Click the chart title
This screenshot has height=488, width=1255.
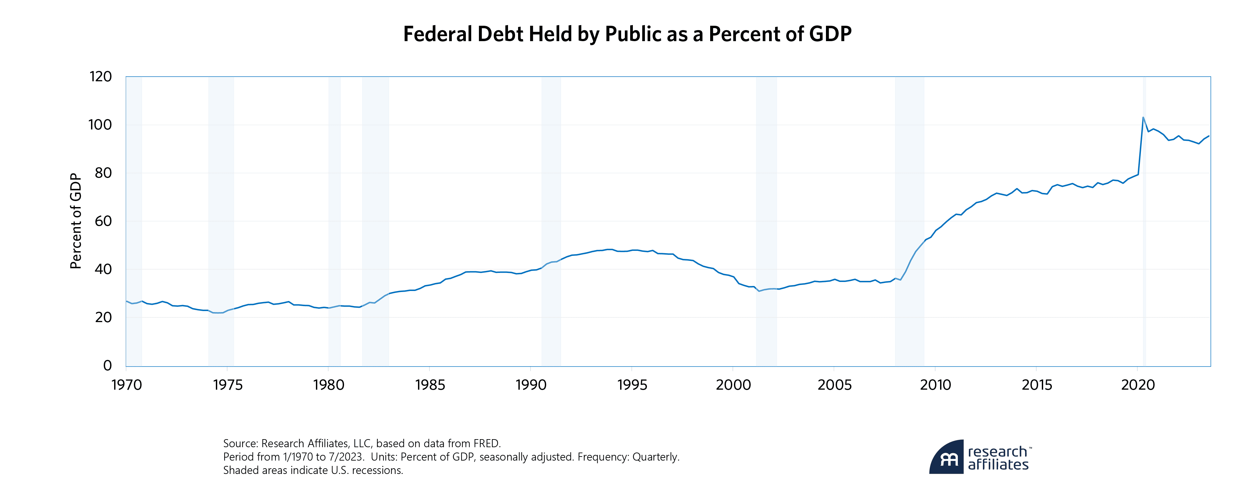627,34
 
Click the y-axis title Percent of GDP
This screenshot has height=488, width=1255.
76,221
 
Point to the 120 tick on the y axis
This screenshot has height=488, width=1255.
101,77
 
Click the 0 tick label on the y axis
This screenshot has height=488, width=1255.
108,365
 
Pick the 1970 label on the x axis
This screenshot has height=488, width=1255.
127,385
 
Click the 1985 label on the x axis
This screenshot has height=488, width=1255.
430,385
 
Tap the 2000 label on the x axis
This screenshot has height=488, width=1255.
733,385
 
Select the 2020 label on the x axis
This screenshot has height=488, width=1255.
1138,385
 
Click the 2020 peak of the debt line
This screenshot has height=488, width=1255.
1143,117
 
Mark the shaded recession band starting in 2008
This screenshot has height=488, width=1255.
909,219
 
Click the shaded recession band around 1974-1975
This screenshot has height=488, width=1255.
221,219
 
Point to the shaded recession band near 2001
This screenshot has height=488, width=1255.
766,219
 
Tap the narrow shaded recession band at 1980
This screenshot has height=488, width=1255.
334,219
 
